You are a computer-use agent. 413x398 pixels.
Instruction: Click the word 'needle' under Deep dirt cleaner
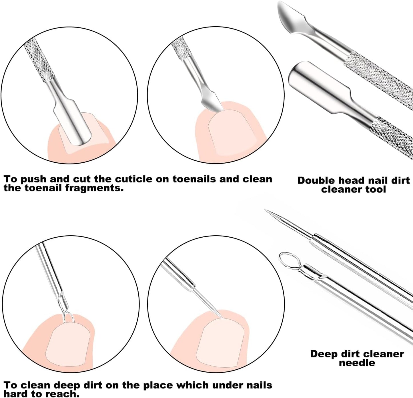pos(357,363)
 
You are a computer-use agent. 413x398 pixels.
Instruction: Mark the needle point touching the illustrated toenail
pos(222,318)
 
